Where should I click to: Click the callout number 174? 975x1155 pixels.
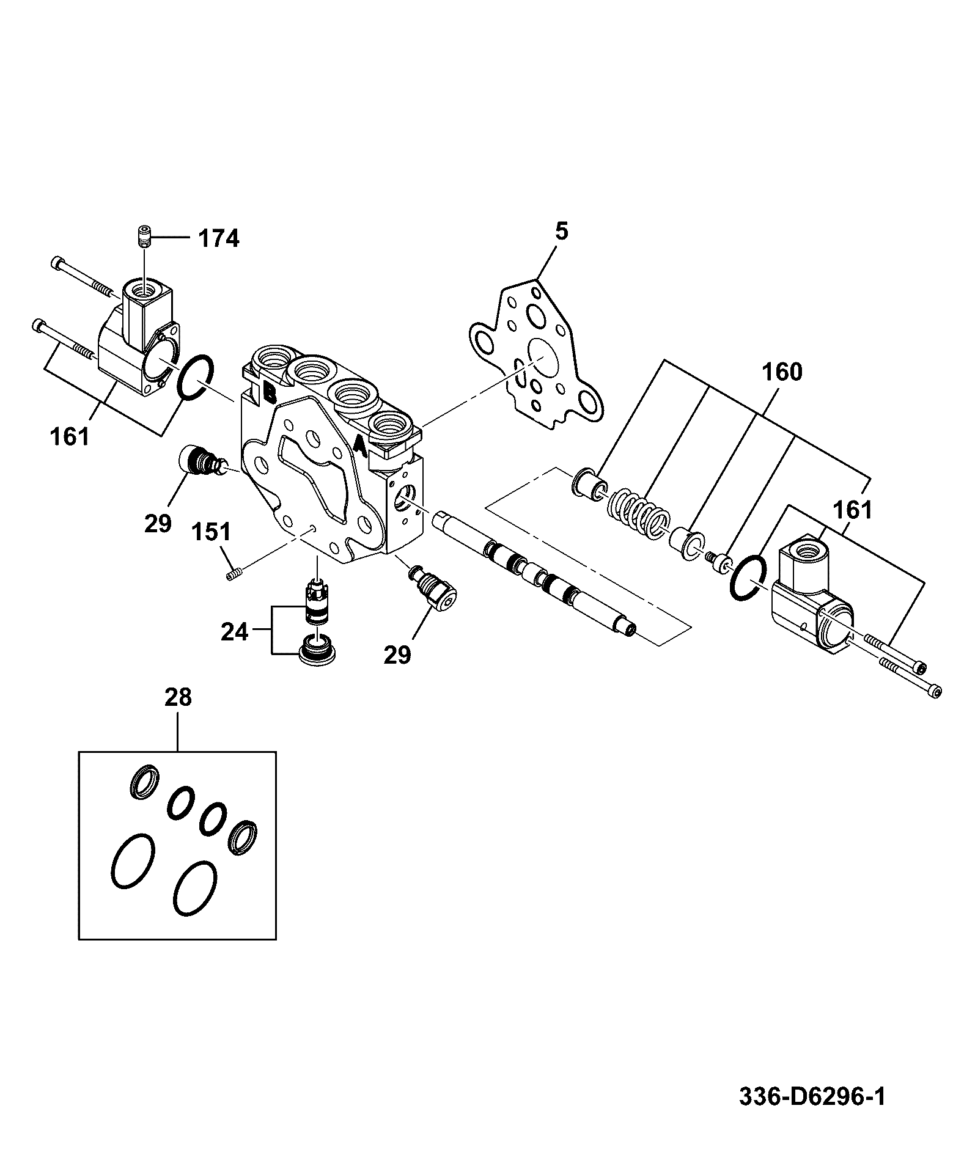click(x=218, y=238)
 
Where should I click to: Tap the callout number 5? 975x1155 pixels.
click(x=561, y=232)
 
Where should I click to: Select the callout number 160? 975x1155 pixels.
click(x=782, y=372)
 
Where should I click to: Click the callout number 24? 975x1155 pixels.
click(x=235, y=631)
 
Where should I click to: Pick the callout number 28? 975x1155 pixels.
click(x=178, y=697)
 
